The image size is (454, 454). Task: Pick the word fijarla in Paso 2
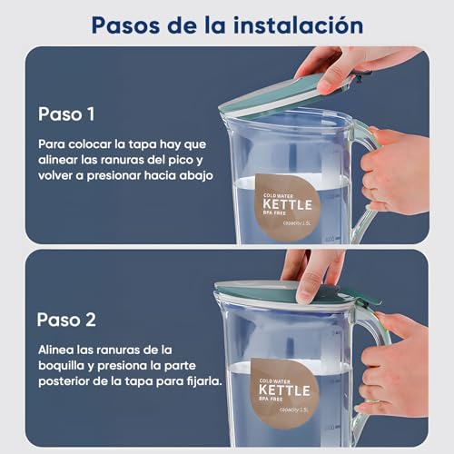coord(200,381)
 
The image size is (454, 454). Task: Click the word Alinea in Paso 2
coord(58,350)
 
